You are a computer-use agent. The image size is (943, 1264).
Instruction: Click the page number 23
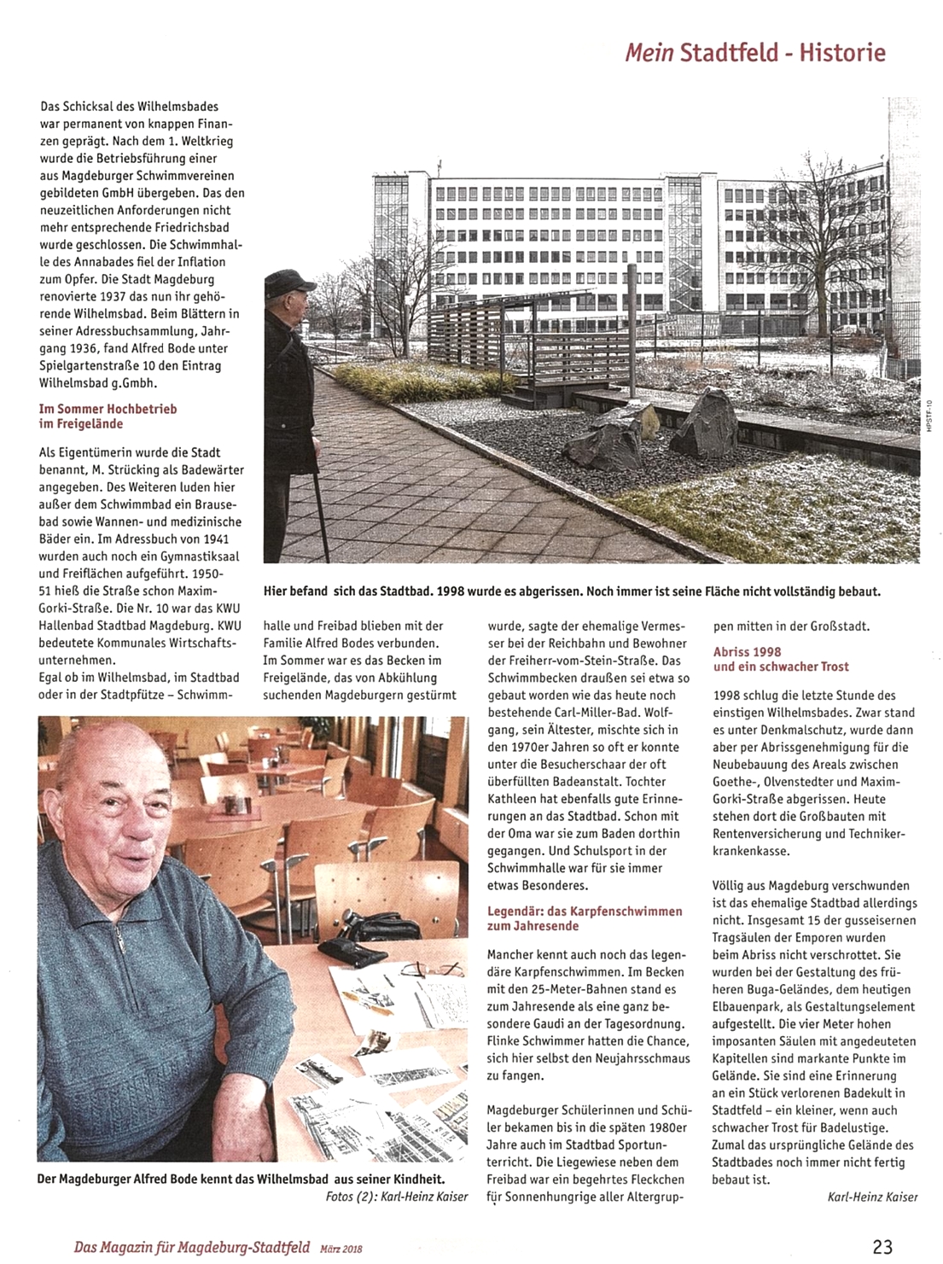coord(882,1246)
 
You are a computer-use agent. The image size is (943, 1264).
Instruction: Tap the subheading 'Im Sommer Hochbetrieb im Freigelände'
coord(108,416)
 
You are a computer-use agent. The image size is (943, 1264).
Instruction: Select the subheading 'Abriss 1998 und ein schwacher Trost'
coord(781,659)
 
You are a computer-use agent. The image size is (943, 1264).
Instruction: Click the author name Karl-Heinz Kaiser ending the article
coord(872,1197)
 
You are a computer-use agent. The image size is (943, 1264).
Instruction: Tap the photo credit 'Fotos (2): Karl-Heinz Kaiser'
coord(397,1197)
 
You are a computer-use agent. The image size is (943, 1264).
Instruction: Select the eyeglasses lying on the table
coord(433,970)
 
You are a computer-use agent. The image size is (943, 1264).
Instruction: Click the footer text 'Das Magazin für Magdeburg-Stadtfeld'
coord(191,1247)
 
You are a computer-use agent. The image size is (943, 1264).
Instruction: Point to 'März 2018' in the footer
coord(341,1249)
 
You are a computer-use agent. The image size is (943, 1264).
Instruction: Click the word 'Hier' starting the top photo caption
coord(277,591)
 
